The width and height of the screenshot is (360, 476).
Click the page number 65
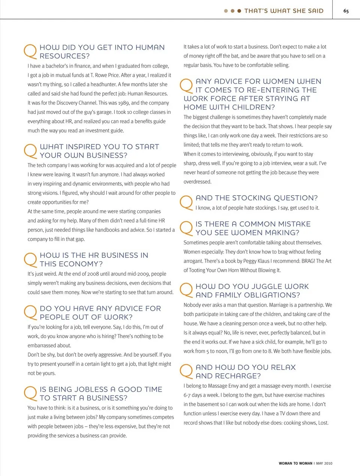point(346,11)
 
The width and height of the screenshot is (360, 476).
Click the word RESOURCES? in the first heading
point(64,56)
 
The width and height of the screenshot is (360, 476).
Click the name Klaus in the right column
point(264,261)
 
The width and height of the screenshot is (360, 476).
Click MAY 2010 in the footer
point(324,463)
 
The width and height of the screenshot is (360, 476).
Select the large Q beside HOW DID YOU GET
point(30,51)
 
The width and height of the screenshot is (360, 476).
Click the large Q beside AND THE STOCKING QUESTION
point(186,202)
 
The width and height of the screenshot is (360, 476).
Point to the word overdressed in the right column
point(197,182)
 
